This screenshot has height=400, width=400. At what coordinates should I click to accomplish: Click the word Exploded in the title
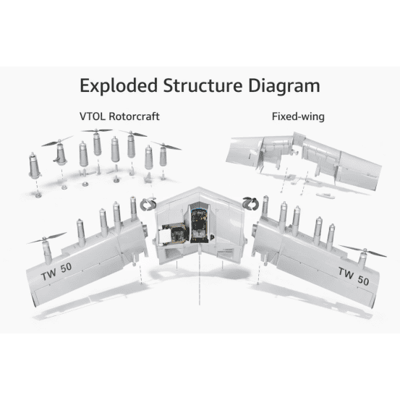coord(119,85)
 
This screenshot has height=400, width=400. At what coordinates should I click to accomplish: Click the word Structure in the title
coord(203,85)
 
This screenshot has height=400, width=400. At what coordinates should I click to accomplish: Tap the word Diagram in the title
coord(284,86)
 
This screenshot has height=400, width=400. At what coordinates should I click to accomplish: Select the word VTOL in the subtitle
coord(93,116)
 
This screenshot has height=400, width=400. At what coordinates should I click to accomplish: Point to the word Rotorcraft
coord(135,116)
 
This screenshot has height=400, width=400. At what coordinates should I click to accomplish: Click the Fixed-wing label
coord(298,116)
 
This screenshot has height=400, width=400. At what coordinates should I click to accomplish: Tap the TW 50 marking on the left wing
coord(56,271)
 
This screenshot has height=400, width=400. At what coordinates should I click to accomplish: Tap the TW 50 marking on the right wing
coord(354,276)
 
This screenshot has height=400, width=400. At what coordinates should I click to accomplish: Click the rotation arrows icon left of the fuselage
coord(148,204)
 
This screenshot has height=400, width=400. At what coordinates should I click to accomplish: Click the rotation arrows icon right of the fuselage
coord(250,203)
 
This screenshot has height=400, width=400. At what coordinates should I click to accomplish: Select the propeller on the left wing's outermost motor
coord(47,237)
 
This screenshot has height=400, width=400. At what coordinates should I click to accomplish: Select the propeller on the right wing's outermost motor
coord(364,251)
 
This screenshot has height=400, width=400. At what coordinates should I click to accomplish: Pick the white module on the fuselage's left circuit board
coord(164,236)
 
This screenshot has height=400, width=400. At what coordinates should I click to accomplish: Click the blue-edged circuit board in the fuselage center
coord(200,225)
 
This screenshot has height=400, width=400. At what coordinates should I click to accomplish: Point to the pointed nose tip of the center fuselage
coord(199,188)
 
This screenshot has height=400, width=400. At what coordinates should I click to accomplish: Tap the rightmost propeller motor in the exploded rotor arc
coord(163,155)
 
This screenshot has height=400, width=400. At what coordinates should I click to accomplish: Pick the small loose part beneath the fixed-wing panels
coord(325,195)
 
